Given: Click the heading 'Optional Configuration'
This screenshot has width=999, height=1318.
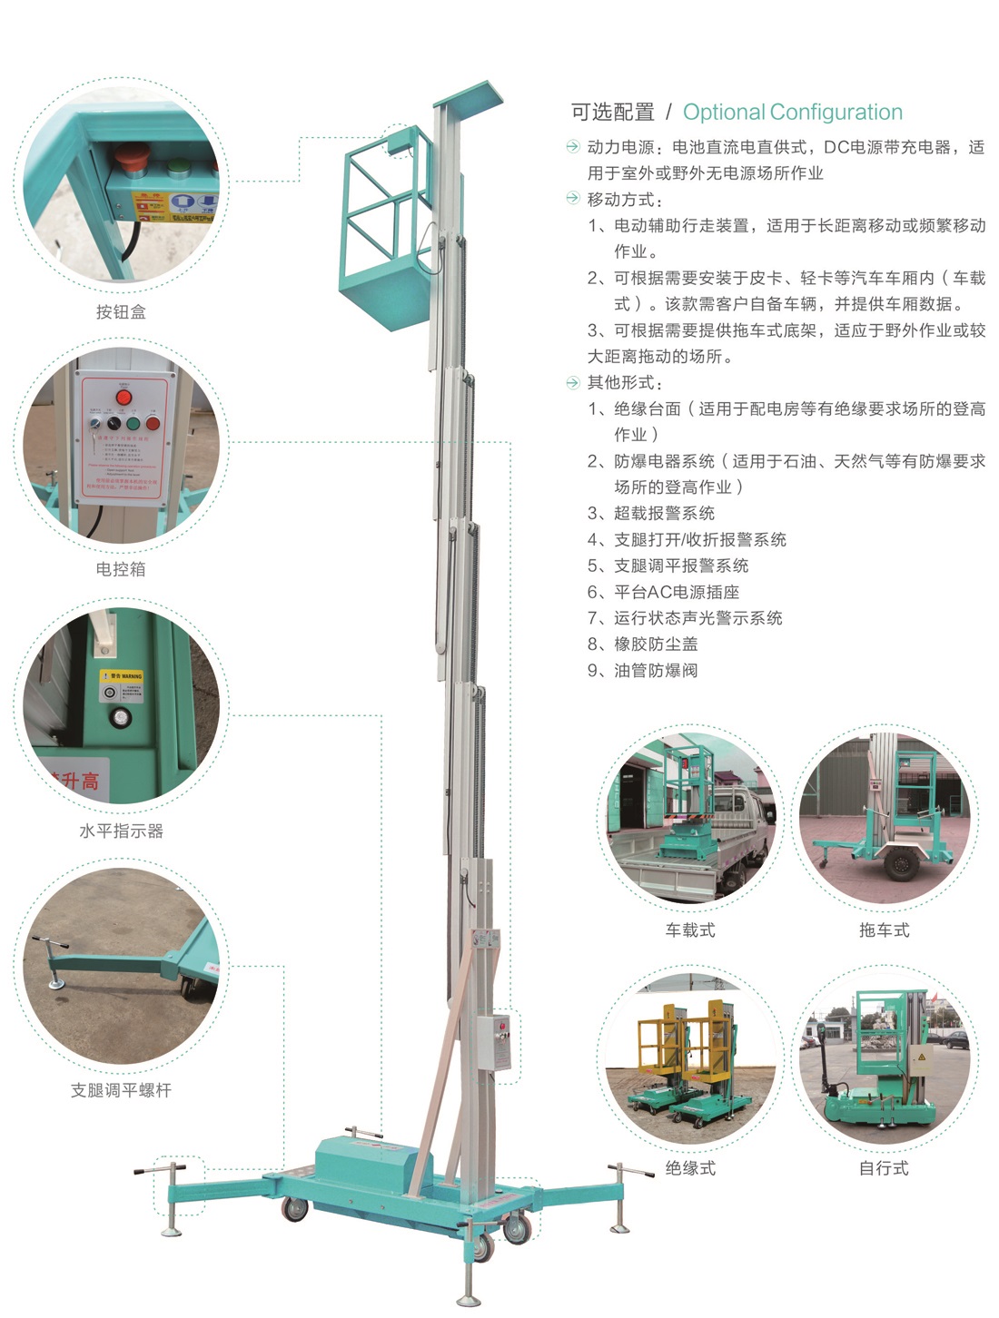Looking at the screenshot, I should pyautogui.click(x=792, y=113).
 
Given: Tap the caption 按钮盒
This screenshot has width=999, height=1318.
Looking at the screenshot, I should pyautogui.click(x=121, y=311).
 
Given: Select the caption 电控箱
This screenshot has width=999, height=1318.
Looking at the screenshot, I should pyautogui.click(x=121, y=569).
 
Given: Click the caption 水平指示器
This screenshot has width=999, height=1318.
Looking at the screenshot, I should pyautogui.click(x=121, y=831).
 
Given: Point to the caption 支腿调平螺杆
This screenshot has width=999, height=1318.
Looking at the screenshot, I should pyautogui.click(x=121, y=1090).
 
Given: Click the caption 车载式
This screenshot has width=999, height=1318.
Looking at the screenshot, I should pyautogui.click(x=690, y=929).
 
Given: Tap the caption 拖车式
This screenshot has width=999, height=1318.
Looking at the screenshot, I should pyautogui.click(x=884, y=929).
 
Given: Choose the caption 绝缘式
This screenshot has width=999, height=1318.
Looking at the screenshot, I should pyautogui.click(x=690, y=1168).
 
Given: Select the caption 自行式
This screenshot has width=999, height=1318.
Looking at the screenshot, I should pyautogui.click(x=884, y=1168).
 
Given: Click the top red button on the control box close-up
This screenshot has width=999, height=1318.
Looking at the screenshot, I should pyautogui.click(x=124, y=397).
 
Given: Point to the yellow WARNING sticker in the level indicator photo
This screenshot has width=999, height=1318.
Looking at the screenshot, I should pyautogui.click(x=122, y=676).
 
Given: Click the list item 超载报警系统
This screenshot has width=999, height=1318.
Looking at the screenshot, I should pyautogui.click(x=663, y=514).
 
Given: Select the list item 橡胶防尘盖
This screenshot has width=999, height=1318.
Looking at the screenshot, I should pyautogui.click(x=655, y=644).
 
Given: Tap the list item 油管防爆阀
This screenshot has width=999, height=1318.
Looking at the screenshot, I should pyautogui.click(x=655, y=671).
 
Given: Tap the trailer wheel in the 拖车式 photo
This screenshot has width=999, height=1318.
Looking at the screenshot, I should pyautogui.click(x=899, y=862).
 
